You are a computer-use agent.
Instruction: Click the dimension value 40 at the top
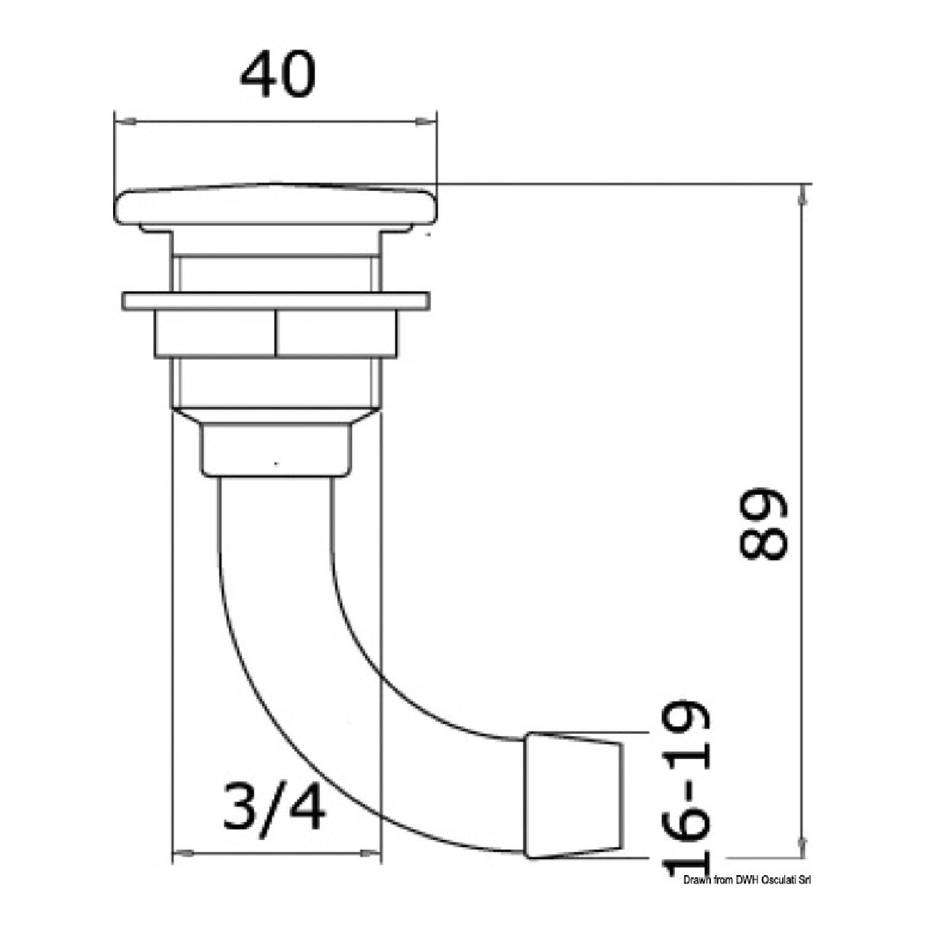click(276, 75)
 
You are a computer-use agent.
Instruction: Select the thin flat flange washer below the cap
click(276, 300)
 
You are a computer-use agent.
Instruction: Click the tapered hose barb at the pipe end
click(573, 795)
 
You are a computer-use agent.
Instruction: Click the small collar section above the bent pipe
click(277, 451)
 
